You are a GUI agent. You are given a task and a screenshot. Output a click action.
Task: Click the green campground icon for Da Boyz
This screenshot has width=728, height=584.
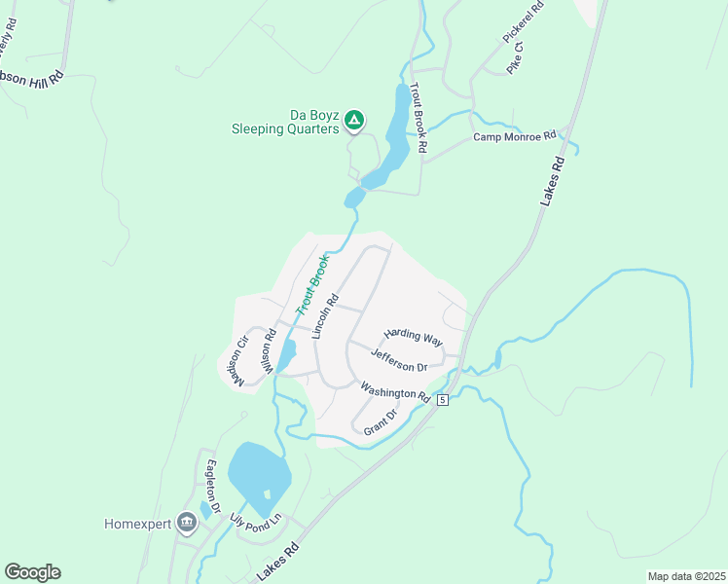click(354, 120)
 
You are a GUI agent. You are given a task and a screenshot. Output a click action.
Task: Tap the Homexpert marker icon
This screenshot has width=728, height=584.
click(187, 524)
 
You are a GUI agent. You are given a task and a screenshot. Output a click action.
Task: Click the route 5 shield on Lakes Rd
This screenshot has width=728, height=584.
click(443, 400)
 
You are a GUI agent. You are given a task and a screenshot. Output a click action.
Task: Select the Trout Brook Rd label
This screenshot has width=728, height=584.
click(419, 118)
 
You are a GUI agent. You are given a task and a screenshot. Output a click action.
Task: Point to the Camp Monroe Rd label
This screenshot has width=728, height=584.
click(514, 136)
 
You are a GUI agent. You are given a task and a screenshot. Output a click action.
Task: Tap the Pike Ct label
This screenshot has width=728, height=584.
click(516, 58)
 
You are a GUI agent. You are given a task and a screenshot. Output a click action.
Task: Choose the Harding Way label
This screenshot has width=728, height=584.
click(413, 336)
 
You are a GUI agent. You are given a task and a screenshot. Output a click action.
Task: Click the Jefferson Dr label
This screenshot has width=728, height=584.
click(399, 362)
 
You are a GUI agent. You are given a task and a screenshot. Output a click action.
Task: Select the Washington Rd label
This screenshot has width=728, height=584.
click(395, 391)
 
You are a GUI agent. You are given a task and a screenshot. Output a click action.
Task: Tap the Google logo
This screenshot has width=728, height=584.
click(32, 572)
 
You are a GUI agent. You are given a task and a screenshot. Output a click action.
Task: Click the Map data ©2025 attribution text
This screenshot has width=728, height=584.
click(686, 575)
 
